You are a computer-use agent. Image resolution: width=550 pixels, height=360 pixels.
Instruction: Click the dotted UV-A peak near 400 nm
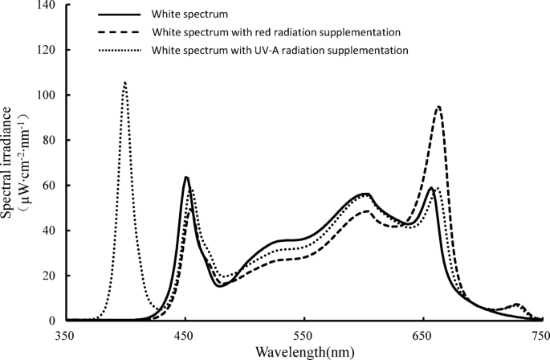124,83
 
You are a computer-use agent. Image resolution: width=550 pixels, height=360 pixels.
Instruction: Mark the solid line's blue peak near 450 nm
185,177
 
